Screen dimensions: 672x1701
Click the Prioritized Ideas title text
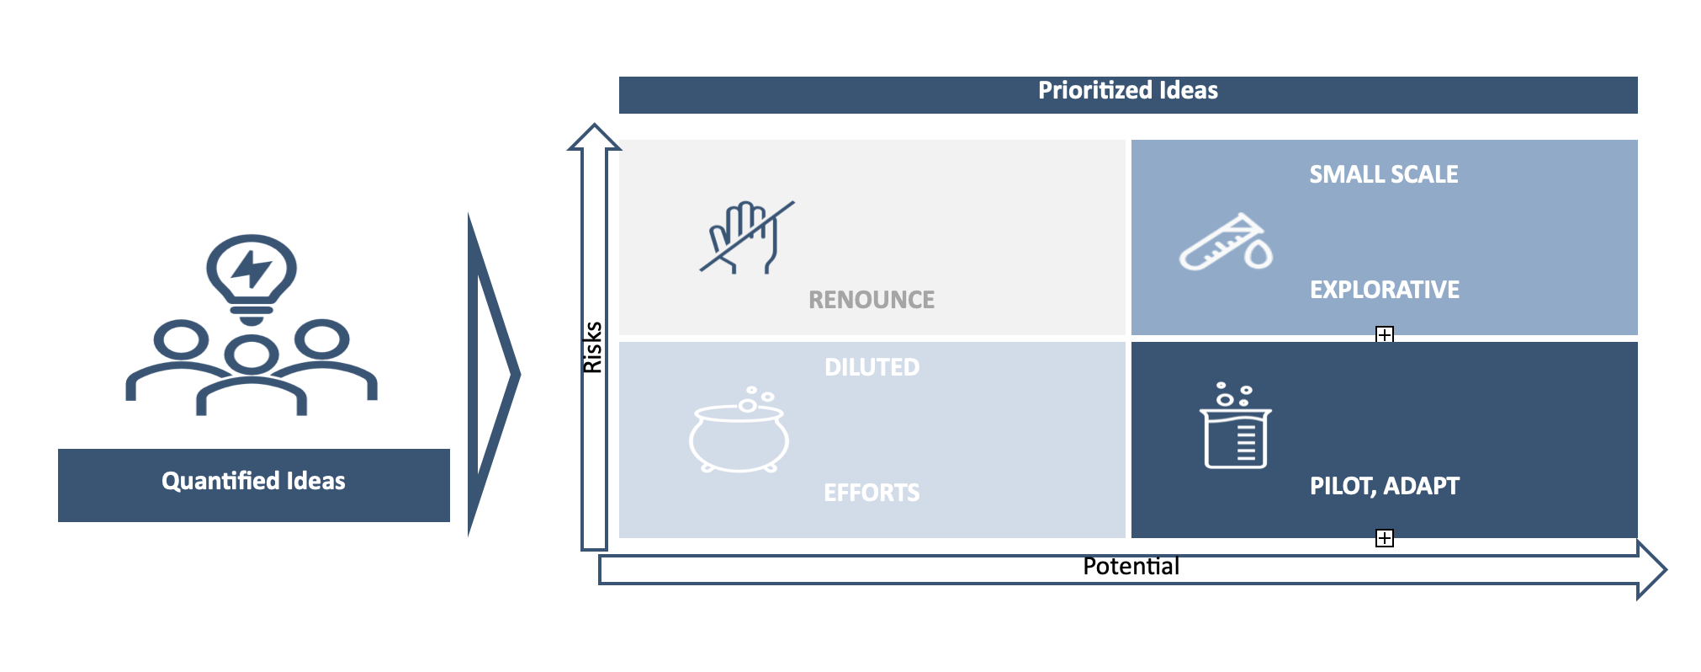pos(1127,91)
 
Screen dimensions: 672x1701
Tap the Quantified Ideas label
pos(253,481)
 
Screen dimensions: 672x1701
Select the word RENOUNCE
pos(872,300)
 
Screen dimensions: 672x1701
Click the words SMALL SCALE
pos(1383,174)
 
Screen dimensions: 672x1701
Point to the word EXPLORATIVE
pos(1384,290)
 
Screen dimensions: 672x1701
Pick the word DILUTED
pos(872,367)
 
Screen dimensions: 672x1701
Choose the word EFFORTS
pos(872,493)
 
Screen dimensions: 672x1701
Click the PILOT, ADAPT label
pos(1384,486)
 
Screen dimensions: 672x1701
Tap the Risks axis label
pos(593,347)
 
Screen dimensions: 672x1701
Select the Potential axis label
pos(1131,566)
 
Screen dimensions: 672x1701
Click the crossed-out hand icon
pos(745,237)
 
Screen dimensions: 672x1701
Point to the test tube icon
pos(1226,243)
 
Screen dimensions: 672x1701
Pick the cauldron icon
pos(739,431)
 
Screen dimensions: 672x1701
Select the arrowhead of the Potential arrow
pos(1651,570)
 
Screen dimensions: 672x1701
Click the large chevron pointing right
pos(493,374)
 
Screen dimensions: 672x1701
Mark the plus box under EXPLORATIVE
pos(1384,335)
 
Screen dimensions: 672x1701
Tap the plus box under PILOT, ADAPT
pos(1384,538)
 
